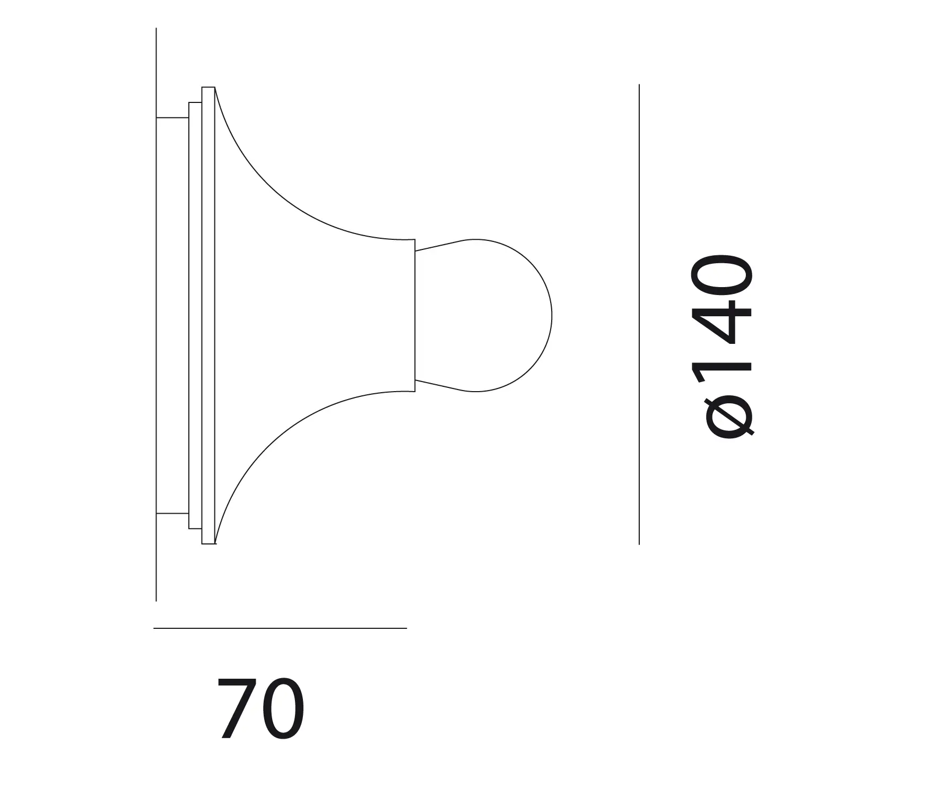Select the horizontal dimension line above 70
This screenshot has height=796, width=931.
click(x=280, y=628)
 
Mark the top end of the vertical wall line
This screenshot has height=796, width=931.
click(x=156, y=30)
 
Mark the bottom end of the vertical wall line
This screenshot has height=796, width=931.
click(x=156, y=600)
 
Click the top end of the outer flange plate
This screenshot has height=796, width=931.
click(x=208, y=88)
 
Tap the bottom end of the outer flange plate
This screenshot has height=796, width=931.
click(x=208, y=543)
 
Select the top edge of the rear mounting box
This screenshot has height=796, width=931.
click(x=172, y=117)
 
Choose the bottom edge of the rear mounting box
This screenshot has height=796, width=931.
click(x=172, y=514)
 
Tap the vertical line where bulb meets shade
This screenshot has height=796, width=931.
click(x=415, y=315)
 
